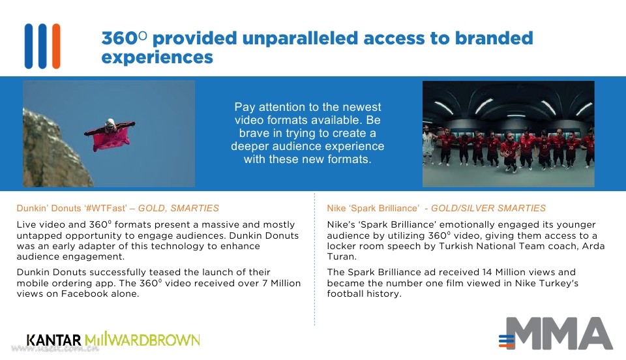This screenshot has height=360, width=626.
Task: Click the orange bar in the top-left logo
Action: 56,46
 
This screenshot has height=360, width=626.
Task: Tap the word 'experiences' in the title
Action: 157,57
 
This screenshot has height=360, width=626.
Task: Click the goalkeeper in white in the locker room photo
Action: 427,145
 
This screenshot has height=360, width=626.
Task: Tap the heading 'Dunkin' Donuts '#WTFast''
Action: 72,208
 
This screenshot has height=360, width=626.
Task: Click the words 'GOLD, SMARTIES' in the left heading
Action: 179,208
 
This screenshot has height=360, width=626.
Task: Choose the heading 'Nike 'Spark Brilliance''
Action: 373,208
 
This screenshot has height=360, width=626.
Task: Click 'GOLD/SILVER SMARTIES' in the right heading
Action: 488,208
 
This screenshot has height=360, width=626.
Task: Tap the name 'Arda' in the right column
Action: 593,246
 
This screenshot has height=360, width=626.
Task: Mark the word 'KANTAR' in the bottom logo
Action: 54,340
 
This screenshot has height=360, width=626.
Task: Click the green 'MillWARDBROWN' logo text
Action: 142,339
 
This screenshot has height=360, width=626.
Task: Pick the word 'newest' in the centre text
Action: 363,107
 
